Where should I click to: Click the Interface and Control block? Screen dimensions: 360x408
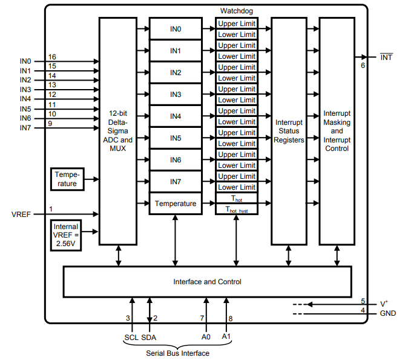point(207,282)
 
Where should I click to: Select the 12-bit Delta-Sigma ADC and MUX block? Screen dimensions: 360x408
point(117,130)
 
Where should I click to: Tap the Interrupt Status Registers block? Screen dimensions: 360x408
point(289,130)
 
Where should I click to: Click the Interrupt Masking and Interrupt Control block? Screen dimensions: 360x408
point(337,130)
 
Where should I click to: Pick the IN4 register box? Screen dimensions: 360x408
point(176,116)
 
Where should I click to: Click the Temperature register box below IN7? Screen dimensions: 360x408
point(176,204)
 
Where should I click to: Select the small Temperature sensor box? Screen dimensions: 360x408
point(67,179)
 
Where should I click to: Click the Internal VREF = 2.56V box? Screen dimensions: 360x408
point(67,235)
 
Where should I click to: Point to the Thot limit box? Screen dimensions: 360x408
point(236,199)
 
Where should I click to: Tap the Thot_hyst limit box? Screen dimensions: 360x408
point(236,210)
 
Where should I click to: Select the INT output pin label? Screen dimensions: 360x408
point(386,58)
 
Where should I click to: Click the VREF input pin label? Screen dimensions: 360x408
point(21,215)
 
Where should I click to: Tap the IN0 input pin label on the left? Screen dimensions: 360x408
point(25,61)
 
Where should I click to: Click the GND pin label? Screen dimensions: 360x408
point(387,313)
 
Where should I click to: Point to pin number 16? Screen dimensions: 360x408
point(52,56)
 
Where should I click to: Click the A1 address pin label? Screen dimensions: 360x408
point(226,336)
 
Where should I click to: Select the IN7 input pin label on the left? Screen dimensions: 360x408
point(25,128)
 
